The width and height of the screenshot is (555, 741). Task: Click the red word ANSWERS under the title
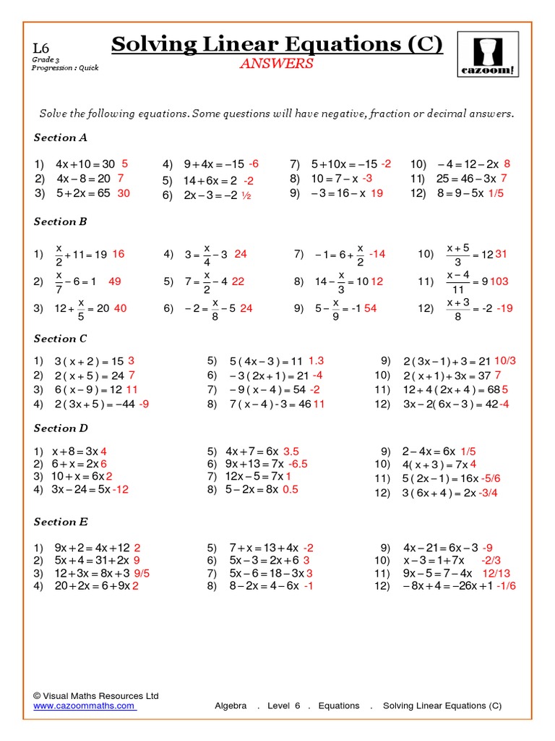tap(277, 64)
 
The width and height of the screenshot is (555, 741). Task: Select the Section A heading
tap(61, 137)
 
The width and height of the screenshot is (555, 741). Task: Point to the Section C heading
tap(61, 339)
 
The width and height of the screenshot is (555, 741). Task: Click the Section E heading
tap(61, 522)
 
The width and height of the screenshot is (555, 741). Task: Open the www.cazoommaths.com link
tap(85, 706)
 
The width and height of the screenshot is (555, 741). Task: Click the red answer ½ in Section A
tap(246, 195)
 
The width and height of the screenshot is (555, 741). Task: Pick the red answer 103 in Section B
tap(499, 281)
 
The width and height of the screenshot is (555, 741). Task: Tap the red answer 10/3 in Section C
tap(505, 360)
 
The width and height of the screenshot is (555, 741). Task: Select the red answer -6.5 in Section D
tap(298, 463)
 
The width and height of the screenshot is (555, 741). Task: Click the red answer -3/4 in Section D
tap(489, 493)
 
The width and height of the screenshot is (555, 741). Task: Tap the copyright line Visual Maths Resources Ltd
tap(95, 695)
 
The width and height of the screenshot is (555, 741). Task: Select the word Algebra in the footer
tap(231, 706)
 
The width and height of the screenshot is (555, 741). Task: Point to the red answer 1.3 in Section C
tap(316, 360)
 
